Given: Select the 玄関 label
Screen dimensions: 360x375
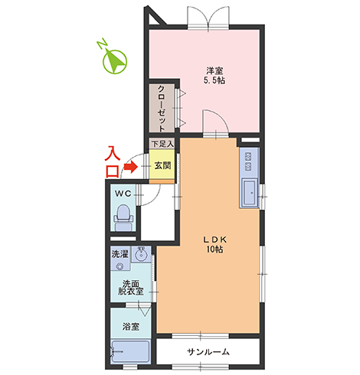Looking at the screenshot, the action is [162, 166].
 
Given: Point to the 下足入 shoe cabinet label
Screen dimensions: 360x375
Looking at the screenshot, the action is [162, 144].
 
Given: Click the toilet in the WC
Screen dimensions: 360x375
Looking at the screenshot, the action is [123, 217].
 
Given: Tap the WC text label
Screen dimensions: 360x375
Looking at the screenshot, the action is [123, 194].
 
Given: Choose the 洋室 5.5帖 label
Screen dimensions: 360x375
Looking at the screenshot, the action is [214, 76].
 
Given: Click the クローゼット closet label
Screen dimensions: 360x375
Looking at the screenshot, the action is [162, 109].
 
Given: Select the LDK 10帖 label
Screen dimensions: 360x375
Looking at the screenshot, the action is [214, 244].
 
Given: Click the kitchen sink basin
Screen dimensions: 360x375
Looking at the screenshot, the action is [250, 193].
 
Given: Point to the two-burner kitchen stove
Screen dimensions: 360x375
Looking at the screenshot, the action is [248, 161].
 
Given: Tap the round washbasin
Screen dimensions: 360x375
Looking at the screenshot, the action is [141, 254].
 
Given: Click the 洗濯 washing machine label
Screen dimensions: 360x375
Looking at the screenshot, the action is [119, 254].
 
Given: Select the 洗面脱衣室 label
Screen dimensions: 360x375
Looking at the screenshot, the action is [131, 288].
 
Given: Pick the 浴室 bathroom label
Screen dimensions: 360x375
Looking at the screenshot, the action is [131, 326].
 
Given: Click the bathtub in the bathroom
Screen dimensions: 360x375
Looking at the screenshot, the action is [130, 351].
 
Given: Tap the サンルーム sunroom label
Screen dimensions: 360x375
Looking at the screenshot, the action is [208, 352].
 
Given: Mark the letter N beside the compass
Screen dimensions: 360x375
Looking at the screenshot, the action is [103, 44].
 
